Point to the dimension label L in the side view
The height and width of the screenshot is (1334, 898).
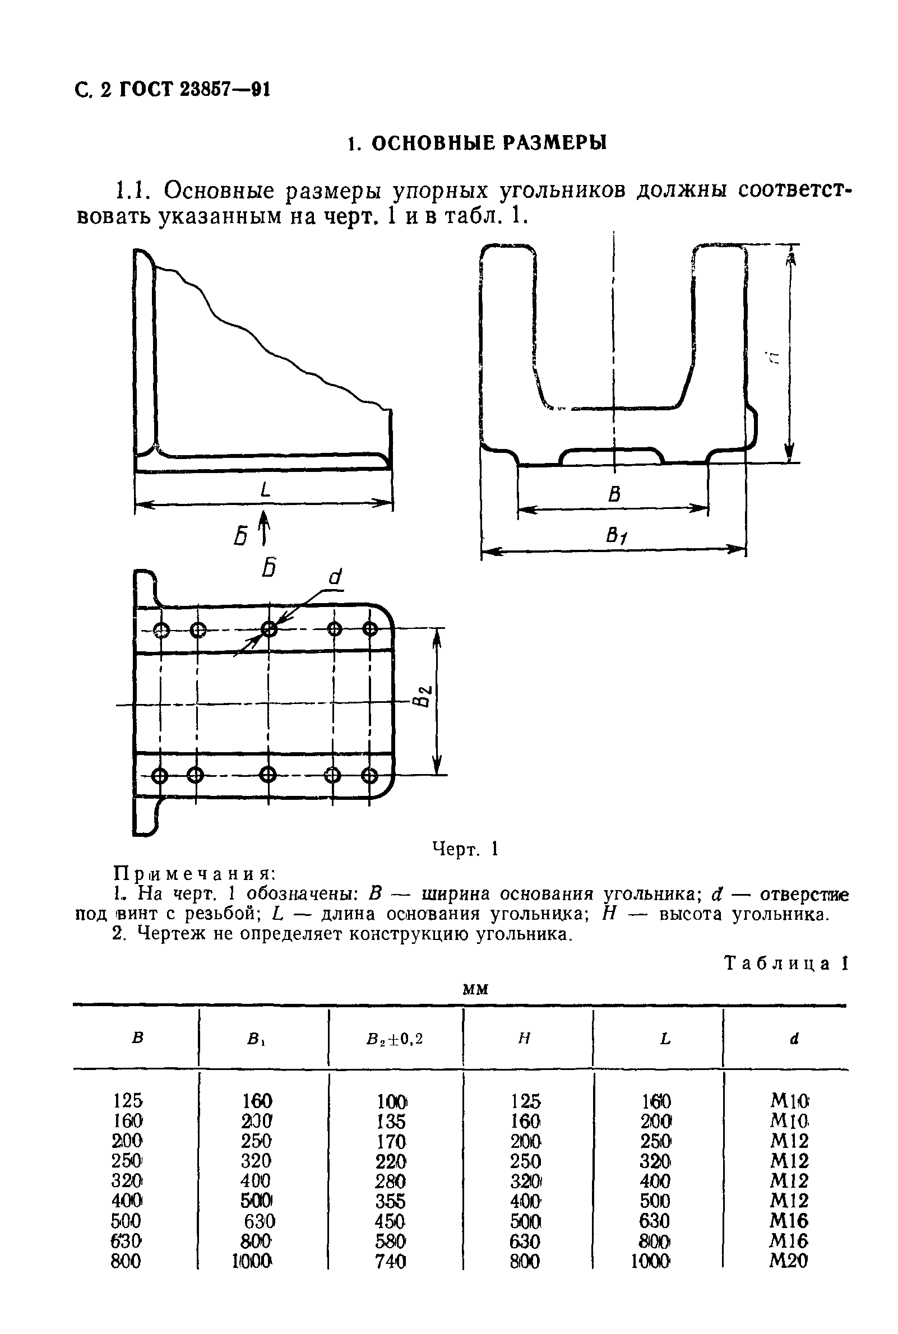[265, 489]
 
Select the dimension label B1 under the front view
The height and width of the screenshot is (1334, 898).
[616, 536]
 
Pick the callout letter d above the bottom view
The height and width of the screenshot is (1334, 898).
[336, 577]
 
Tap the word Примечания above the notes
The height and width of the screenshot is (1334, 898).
[195, 874]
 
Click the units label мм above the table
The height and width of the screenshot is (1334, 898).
[475, 989]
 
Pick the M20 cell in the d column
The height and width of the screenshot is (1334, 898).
[789, 1261]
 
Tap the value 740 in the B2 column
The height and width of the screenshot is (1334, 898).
[391, 1261]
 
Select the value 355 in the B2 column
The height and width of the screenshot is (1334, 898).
[391, 1201]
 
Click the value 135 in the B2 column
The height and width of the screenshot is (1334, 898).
[391, 1121]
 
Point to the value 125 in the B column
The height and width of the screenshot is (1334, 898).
[127, 1100]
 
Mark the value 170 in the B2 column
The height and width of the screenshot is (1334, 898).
[391, 1142]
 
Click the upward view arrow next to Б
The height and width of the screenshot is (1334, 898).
[263, 527]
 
